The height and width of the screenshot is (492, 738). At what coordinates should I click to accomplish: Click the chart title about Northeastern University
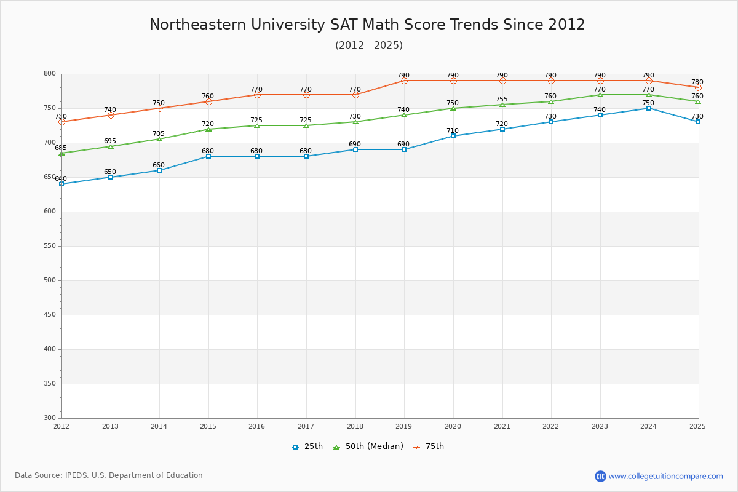click(367, 25)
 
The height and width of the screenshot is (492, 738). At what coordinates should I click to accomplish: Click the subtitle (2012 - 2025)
click(369, 45)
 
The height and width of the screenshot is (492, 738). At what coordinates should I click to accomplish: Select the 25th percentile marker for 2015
click(208, 156)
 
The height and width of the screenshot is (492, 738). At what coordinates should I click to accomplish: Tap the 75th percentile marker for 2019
click(404, 81)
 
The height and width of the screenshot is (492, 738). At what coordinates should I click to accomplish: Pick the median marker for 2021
click(502, 105)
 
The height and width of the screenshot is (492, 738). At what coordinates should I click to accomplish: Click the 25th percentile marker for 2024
click(649, 108)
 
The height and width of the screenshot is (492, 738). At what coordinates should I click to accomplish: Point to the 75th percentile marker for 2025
click(698, 87)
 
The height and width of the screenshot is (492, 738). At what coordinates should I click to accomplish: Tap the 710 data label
click(453, 130)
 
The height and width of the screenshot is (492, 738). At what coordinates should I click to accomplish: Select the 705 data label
click(159, 133)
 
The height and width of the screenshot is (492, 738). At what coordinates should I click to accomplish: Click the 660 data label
click(159, 165)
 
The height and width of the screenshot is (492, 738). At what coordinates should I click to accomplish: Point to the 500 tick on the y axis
click(49, 280)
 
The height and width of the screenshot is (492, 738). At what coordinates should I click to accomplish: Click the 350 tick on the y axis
click(49, 384)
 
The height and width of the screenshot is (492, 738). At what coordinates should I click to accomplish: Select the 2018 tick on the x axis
click(355, 426)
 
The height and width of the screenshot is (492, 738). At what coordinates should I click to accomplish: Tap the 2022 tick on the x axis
click(550, 426)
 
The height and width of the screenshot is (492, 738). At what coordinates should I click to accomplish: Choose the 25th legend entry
click(307, 446)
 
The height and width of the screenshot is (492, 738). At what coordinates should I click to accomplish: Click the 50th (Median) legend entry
click(368, 446)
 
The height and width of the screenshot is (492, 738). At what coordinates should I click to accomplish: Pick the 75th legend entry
click(429, 446)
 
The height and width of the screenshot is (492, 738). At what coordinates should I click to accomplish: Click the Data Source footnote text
click(109, 475)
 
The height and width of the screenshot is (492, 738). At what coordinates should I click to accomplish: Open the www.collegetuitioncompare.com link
click(665, 476)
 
